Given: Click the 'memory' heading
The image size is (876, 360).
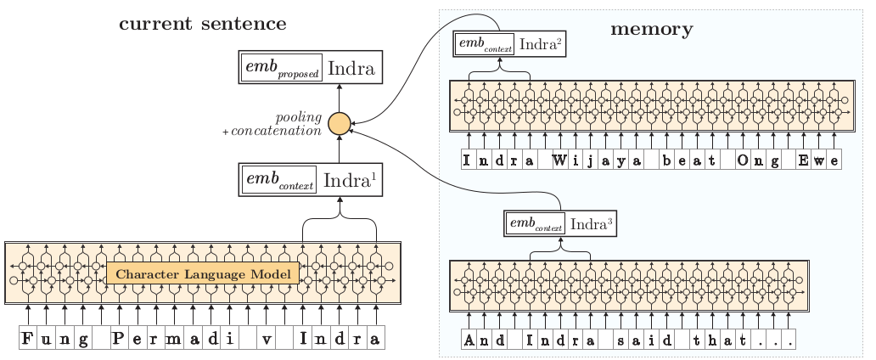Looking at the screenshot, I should pos(651,30).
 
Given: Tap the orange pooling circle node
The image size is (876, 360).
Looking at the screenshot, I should pos(340,123).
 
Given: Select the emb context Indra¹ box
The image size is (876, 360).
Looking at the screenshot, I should pos(310,181).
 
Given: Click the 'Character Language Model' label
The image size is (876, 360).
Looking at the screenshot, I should pos(203,274).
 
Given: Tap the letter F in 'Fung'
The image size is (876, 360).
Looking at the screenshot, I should pos(28,340).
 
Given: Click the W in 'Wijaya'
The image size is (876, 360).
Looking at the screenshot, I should pos(560,160).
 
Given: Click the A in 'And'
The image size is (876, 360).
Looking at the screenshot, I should pos(469,342).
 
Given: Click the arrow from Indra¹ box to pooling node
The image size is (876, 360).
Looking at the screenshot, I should pos(340,150).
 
